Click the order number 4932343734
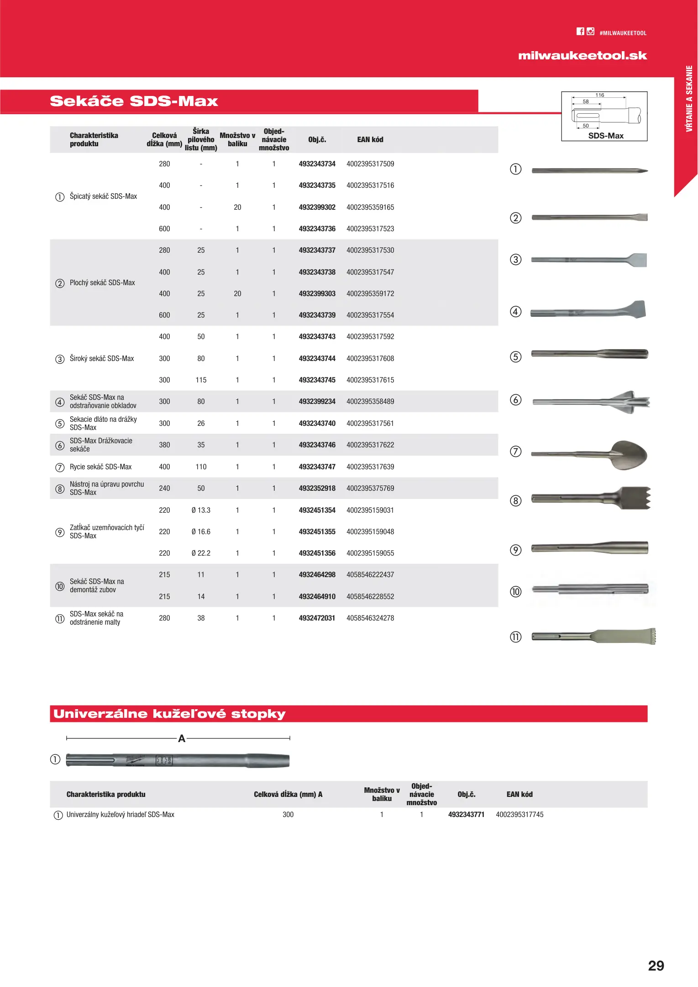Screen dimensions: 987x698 pyautogui.click(x=317, y=164)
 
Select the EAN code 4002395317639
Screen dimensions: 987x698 pyautogui.click(x=370, y=467)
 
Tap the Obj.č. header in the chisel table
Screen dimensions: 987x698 pyautogui.click(x=317, y=140)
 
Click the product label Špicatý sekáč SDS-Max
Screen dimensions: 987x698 pyautogui.click(x=103, y=196)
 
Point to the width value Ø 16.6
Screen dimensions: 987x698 pyautogui.click(x=201, y=532)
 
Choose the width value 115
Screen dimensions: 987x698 pyautogui.click(x=201, y=380)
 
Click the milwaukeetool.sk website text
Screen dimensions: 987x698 pyautogui.click(x=582, y=56)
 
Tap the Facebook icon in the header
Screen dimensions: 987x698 pyautogui.click(x=580, y=32)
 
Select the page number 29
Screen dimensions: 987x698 pyautogui.click(x=656, y=966)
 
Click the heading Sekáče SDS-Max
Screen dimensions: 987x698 pyautogui.click(x=134, y=101)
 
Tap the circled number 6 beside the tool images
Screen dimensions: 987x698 pyautogui.click(x=515, y=400)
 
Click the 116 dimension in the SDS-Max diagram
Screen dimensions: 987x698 pyautogui.click(x=599, y=95)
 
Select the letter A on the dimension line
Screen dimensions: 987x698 pyautogui.click(x=182, y=738)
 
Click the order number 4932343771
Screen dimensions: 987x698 pyautogui.click(x=466, y=815)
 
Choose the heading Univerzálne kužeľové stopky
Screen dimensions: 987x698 pyautogui.click(x=169, y=714)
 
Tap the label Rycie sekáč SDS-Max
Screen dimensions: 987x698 pyautogui.click(x=100, y=467)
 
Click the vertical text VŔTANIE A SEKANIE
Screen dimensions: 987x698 pyautogui.click(x=689, y=99)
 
